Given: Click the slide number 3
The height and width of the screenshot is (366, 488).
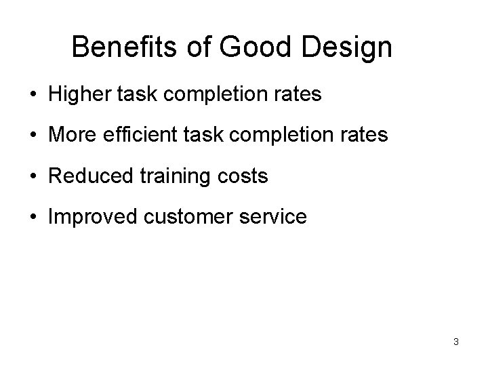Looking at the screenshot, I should coord(456,342).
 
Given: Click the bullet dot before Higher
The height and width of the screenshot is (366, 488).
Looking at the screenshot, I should coord(34,95).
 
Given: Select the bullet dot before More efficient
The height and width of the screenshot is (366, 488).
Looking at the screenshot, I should coord(34,136).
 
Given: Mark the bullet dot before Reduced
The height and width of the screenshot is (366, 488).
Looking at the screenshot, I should coord(34,177).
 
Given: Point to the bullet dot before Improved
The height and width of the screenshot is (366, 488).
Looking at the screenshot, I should coord(34,218).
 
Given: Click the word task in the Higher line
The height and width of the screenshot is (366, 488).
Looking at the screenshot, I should coord(138,94).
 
